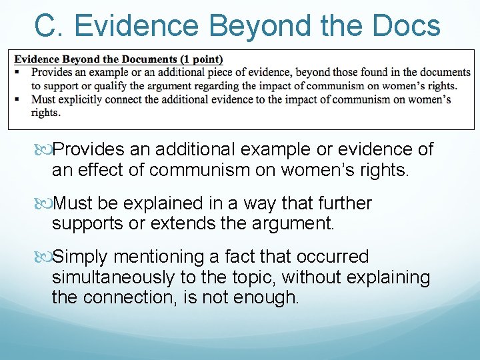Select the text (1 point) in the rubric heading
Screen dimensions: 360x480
[201, 59]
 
